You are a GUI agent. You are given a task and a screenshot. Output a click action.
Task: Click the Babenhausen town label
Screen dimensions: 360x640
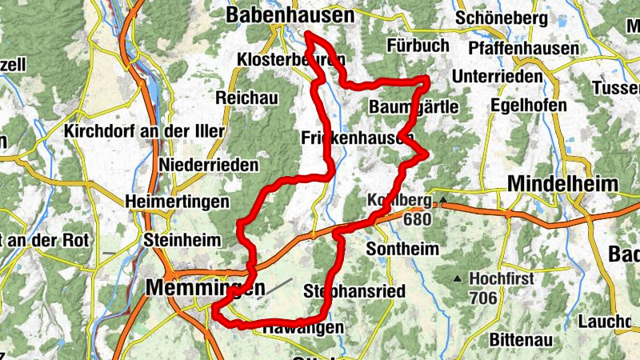pyautogui.click(x=290, y=15)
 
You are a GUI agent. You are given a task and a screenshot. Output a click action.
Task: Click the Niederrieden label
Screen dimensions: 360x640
pyautogui.click(x=210, y=166)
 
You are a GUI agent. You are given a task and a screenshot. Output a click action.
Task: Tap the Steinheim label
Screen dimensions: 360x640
pyautogui.click(x=176, y=239)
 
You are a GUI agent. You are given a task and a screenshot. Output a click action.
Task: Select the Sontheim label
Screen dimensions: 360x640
pyautogui.click(x=402, y=249)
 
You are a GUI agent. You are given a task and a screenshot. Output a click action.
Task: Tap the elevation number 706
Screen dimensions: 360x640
pyautogui.click(x=484, y=298)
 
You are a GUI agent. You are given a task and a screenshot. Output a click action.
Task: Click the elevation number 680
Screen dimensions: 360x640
pyautogui.click(x=418, y=218)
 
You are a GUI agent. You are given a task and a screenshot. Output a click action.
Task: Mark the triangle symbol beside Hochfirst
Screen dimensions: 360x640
pyautogui.click(x=457, y=279)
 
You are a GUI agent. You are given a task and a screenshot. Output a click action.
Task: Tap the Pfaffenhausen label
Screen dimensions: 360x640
pyautogui.click(x=525, y=49)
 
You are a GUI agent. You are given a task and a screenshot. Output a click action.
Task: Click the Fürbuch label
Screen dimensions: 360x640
pyautogui.click(x=418, y=46)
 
